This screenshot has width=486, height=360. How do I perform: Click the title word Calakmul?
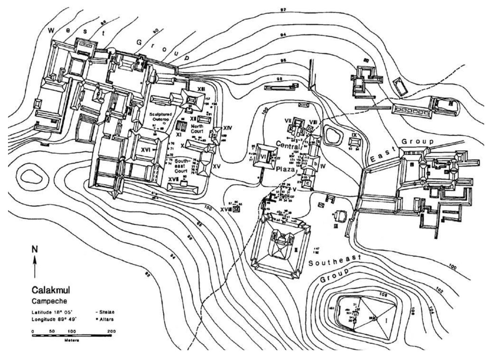click(51, 290)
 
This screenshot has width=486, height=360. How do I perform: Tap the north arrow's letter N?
click(34, 249)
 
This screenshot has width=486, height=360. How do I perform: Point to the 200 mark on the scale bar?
click(111, 331)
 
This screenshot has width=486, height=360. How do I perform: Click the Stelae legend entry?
click(105, 312)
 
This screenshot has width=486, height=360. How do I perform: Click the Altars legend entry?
click(105, 319)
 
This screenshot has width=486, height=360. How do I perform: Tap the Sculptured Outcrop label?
click(161, 117)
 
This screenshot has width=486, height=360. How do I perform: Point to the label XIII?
click(201, 88)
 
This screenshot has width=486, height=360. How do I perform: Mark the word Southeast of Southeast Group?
click(334, 260)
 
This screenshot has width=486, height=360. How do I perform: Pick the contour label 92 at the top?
click(283, 10)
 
